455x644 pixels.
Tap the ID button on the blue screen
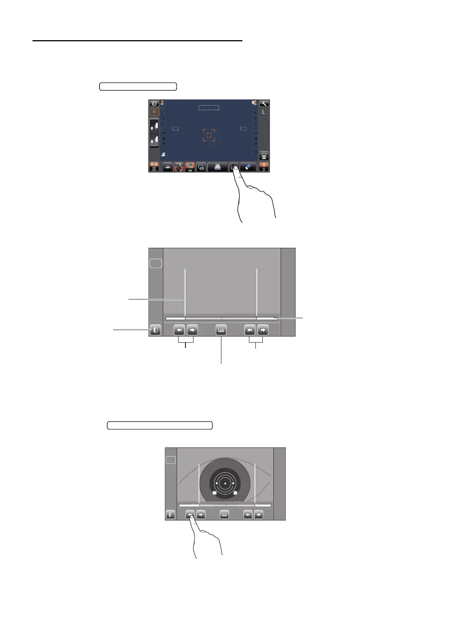coord(154,104)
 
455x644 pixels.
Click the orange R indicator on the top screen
coord(154,112)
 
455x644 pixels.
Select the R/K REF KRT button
coord(154,167)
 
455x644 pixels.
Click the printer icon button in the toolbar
coord(218,167)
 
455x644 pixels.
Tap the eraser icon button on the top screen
coord(248,167)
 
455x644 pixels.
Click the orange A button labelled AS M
coord(264,167)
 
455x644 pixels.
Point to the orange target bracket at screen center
coord(209,135)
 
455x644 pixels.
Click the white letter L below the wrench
coord(263,112)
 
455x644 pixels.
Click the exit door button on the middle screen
coord(155,330)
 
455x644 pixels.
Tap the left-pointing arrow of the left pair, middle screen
coord(179,330)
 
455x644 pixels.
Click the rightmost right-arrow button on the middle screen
coord(263,330)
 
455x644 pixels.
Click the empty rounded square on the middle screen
coord(156,263)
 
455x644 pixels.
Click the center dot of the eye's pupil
coord(225,484)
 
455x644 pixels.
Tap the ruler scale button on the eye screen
coord(224,515)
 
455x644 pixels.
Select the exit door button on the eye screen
coord(171,515)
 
